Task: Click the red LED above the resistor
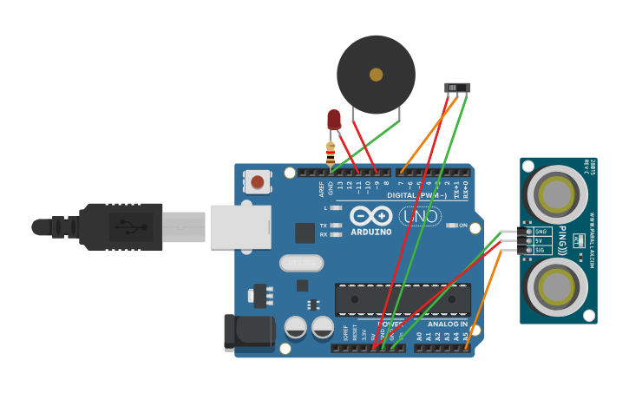[x=334, y=119]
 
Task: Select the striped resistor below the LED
[x=330, y=153]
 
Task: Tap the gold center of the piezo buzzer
[x=376, y=75]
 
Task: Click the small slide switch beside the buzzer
[x=457, y=88]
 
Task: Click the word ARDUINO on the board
[x=371, y=233]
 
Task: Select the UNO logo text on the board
[x=420, y=215]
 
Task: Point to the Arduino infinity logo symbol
[x=371, y=216]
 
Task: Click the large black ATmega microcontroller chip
[x=403, y=299]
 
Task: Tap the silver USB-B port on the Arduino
[x=240, y=227]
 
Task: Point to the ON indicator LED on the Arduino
[x=451, y=226]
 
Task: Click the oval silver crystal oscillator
[x=301, y=262]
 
